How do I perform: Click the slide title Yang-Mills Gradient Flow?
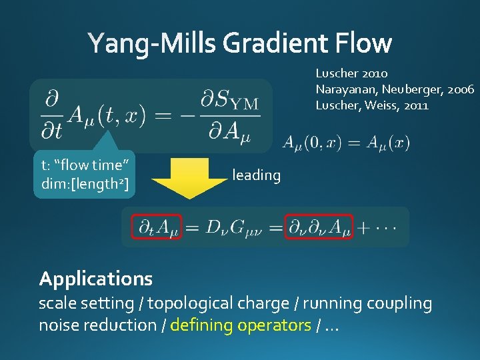240,43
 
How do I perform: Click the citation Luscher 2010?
351,73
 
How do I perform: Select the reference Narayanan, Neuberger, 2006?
395,89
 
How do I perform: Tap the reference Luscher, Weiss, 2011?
372,105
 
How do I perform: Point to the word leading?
256,175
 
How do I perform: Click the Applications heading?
96,278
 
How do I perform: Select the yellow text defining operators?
241,325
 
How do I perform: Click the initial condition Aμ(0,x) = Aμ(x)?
346,143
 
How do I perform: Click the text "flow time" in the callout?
84,165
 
